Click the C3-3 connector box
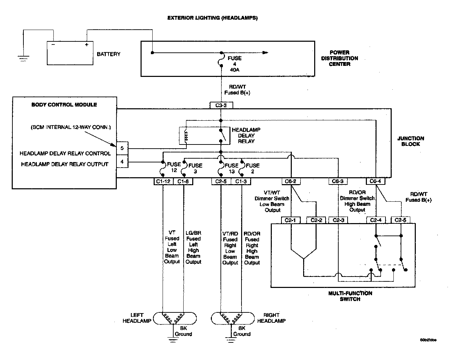[221, 105]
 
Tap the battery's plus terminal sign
[87, 44]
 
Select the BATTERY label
[109, 54]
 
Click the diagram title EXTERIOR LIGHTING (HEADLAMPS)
[212, 18]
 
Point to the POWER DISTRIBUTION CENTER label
[339, 58]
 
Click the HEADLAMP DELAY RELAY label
[246, 136]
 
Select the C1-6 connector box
[183, 181]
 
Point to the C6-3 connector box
[338, 181]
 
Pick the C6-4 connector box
[375, 181]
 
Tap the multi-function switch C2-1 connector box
[291, 220]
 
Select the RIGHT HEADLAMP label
[271, 318]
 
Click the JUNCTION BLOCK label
[411, 141]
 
